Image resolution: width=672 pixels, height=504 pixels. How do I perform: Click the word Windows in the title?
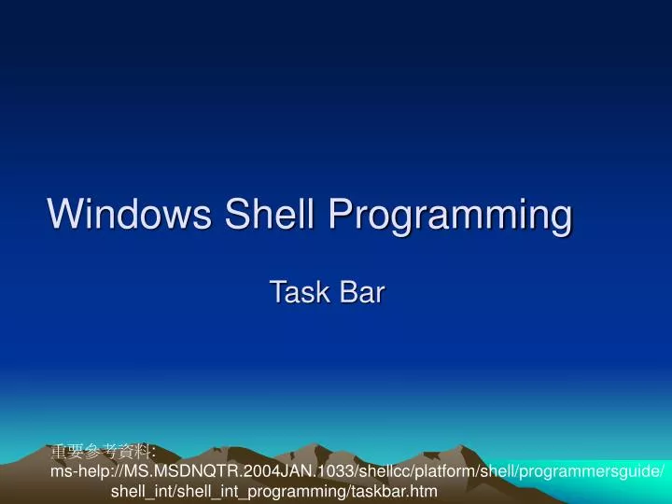click(131, 214)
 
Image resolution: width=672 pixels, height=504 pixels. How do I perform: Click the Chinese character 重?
click(58, 453)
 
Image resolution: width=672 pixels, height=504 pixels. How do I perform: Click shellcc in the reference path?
click(378, 471)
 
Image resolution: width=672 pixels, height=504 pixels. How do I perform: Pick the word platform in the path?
click(438, 471)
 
